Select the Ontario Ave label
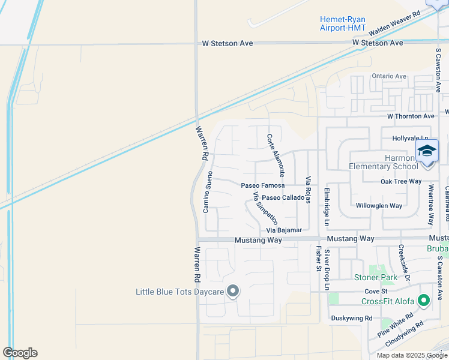389,76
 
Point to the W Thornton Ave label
411,116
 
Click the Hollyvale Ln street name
411,138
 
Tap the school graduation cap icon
427,150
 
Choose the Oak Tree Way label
400,181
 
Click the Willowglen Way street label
378,205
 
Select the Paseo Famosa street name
262,186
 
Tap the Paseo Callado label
283,197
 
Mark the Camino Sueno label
208,191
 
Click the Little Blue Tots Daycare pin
234,292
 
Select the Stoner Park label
376,277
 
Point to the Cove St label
376,291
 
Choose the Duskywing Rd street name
352,318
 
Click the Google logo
20,352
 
